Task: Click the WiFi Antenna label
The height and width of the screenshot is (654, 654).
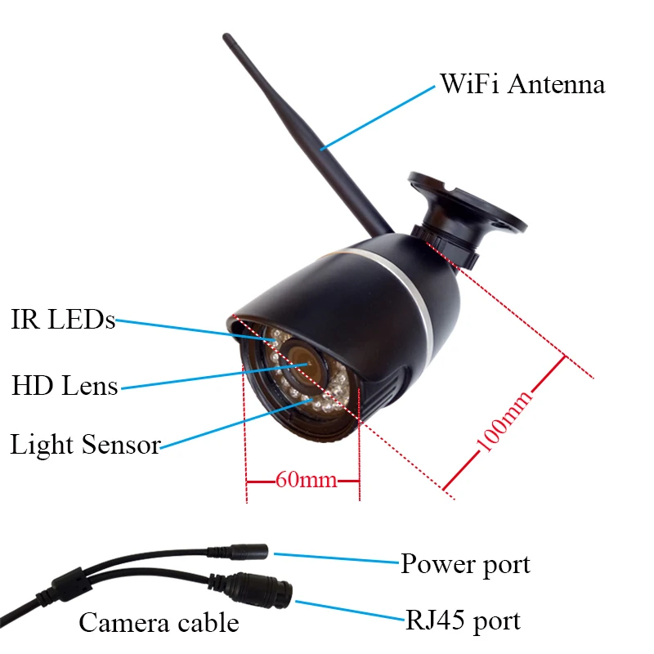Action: coord(522,84)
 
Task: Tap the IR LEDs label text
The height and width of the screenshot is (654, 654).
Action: coord(63,320)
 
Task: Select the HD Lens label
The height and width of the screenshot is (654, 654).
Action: coord(65,384)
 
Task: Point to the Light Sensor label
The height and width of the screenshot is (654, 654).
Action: coord(85,446)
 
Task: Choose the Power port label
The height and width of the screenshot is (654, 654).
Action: coord(464,564)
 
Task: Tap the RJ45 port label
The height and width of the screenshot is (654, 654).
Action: coord(463,620)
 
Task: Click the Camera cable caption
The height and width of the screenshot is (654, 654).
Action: coord(159,623)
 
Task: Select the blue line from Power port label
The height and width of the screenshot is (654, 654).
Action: coord(335,558)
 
